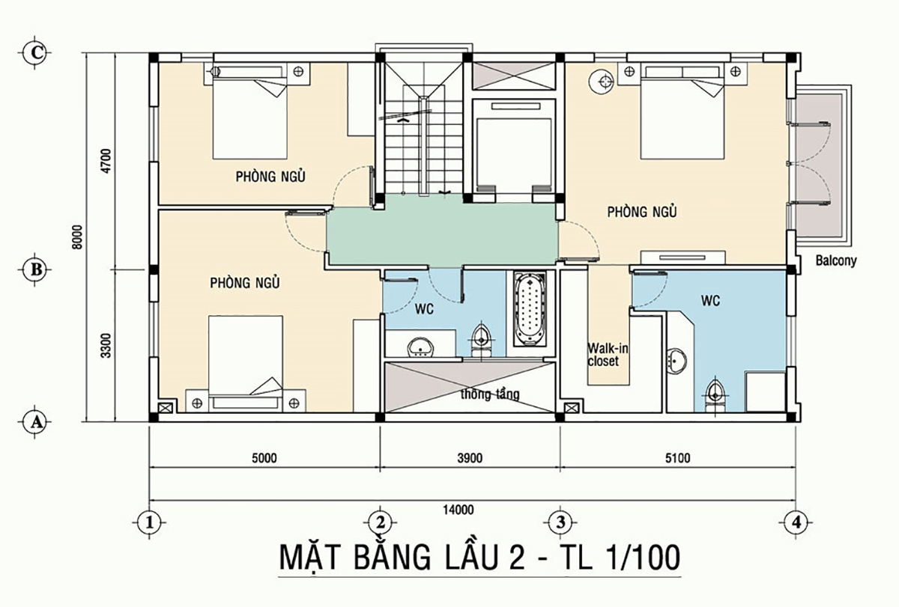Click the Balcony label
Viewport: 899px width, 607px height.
point(835,262)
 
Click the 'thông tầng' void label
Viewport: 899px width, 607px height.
point(491,394)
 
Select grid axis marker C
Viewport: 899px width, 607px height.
point(34,52)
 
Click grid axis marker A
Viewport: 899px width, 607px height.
point(34,422)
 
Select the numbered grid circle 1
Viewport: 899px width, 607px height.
point(150,520)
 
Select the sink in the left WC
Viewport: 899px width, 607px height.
point(420,347)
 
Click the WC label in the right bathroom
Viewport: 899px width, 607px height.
point(710,301)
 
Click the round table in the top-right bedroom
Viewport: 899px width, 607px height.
point(600,80)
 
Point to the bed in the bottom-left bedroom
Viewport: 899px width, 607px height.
point(246,356)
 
